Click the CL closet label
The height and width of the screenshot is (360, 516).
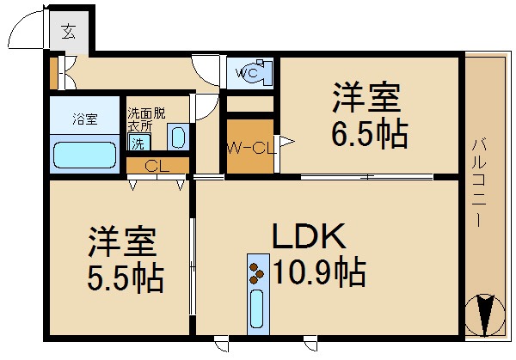point(156,166)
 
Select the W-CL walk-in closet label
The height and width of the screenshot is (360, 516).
point(249,147)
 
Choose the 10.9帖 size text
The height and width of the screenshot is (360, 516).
point(318,273)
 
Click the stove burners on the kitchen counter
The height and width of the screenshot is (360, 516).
point(256,272)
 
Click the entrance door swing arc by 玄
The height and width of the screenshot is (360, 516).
point(21,30)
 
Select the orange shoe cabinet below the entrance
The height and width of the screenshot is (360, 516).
point(53,74)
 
